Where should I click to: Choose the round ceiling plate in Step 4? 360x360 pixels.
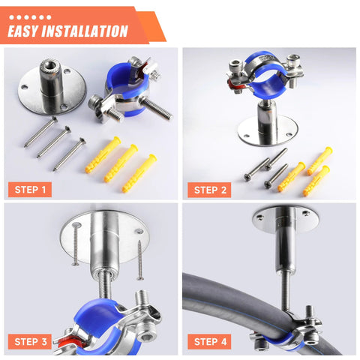283,217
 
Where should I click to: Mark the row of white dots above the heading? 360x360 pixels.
29,15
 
